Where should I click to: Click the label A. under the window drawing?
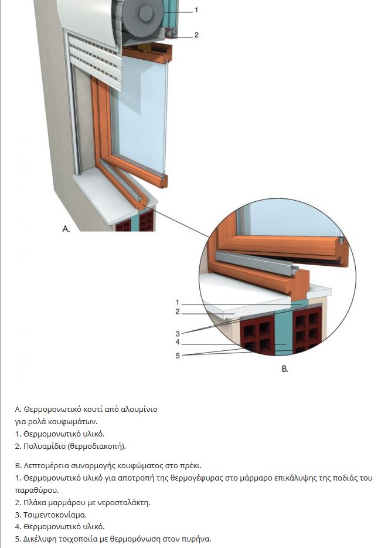pos(66,229)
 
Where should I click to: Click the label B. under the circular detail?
pos(285,368)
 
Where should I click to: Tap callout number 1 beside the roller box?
pos(196,10)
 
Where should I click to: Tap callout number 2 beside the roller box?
pos(196,35)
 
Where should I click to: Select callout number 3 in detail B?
pos(178,334)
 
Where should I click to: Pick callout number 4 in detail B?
pos(178,342)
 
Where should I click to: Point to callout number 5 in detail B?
pos(178,356)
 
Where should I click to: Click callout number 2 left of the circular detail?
pos(178,312)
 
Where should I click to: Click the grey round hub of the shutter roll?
pos(145,13)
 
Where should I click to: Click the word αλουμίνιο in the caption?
pos(139,410)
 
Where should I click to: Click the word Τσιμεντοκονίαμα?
pos(55,515)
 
